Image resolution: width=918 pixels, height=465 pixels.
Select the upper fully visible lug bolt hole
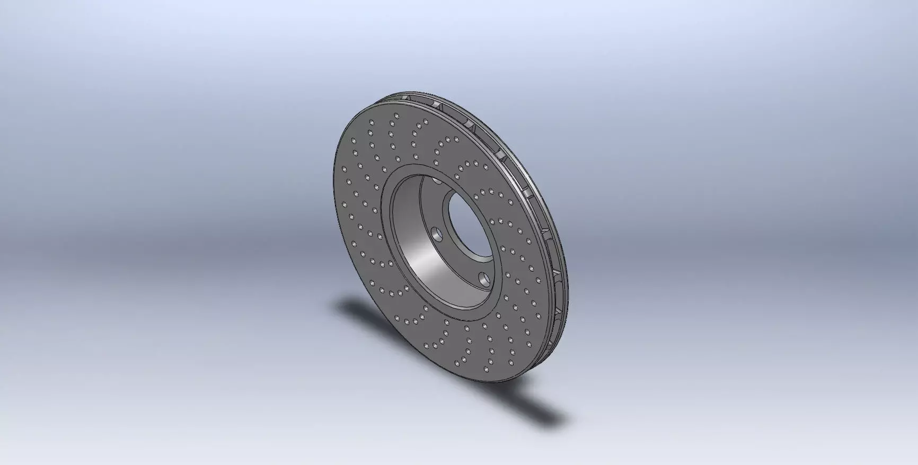436,232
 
